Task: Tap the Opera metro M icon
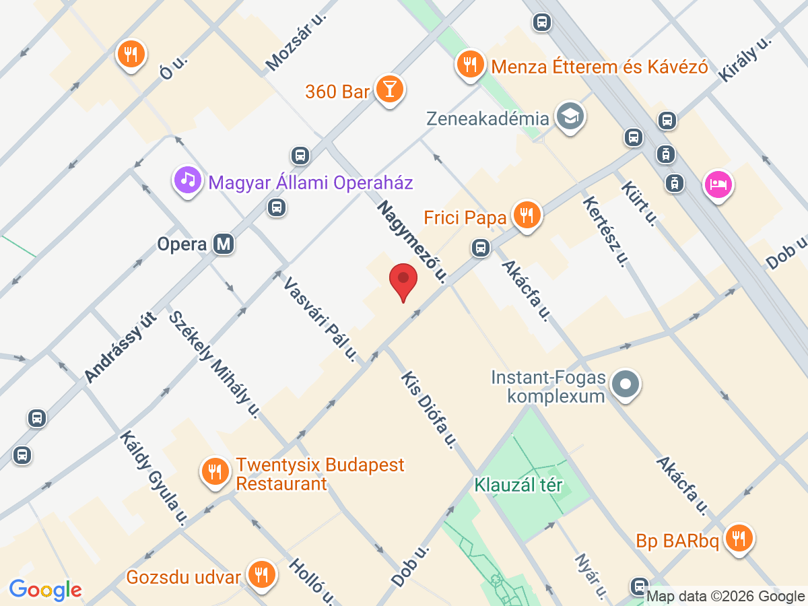tap(224, 244)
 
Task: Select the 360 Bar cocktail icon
tap(389, 90)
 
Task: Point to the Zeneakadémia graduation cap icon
tap(570, 117)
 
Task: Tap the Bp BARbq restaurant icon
tap(739, 538)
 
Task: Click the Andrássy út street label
tap(121, 348)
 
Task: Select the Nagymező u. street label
tap(412, 240)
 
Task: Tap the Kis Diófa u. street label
tap(428, 410)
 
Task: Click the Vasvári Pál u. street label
tap(320, 319)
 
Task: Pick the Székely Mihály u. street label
tap(214, 364)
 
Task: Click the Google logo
tap(45, 590)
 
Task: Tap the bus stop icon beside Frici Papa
tap(480, 248)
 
